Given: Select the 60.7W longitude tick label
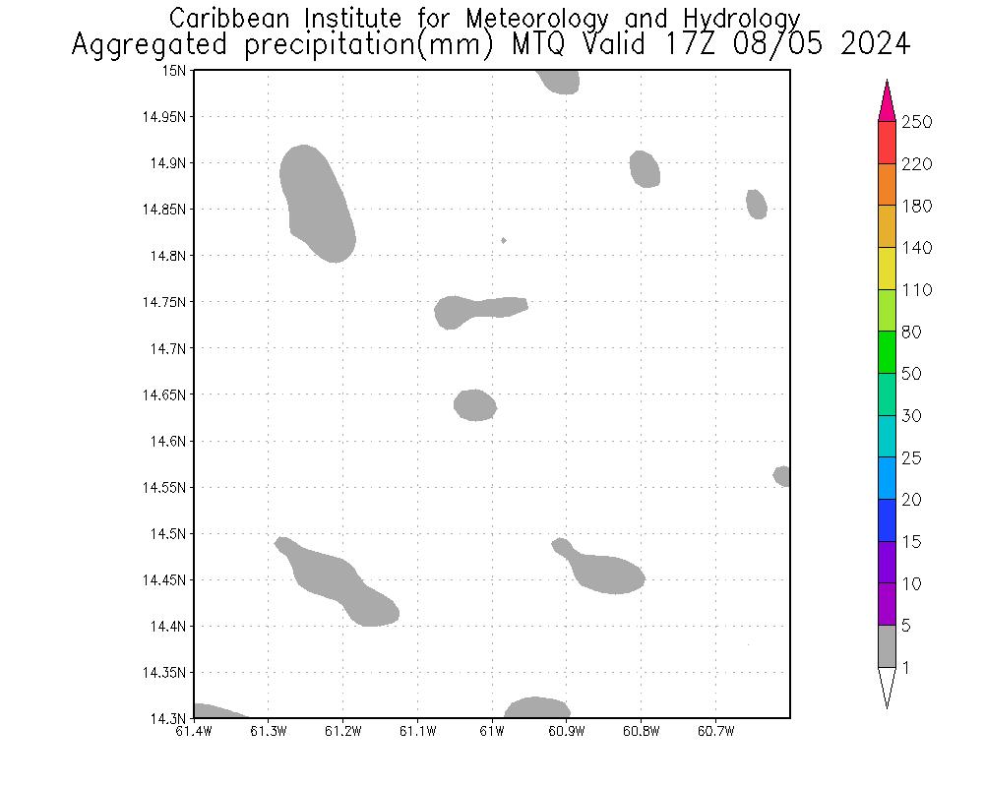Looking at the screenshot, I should (715, 731).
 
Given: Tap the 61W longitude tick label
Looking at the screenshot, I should (492, 731).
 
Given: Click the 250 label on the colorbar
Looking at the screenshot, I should (916, 122).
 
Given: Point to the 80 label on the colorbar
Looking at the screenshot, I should (911, 333).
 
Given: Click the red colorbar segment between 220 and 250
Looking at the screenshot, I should (887, 143).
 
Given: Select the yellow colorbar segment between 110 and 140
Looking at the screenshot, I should (887, 269).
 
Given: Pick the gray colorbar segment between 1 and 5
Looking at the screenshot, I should (887, 646).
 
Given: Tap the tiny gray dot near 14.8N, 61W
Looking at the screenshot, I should (504, 240).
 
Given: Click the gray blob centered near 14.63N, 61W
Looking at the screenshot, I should (475, 405).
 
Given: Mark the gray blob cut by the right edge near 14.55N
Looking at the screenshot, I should (782, 476).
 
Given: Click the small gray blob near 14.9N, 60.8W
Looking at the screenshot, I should (645, 169).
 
